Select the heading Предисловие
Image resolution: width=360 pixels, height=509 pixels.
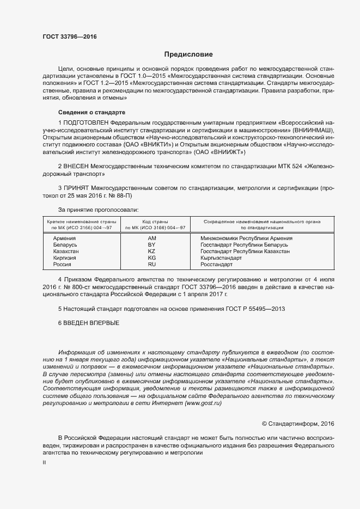[188, 54]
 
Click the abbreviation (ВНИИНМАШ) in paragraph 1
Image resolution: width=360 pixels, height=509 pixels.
[301, 131]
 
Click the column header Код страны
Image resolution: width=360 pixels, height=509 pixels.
[155, 222]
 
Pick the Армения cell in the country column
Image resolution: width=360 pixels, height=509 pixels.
[64, 238]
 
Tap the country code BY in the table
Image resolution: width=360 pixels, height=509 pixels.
[152, 245]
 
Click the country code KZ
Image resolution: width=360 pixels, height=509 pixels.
[152, 252]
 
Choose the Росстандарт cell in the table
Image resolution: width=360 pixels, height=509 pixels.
[216, 265]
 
